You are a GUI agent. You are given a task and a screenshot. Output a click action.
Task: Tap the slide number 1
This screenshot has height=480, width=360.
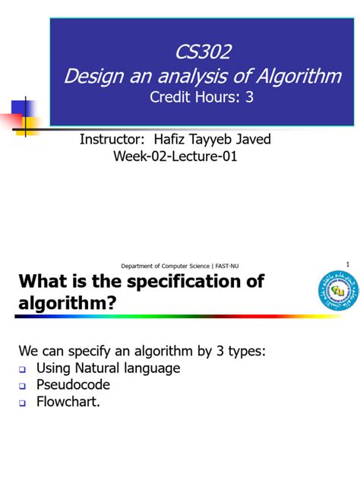click(347, 264)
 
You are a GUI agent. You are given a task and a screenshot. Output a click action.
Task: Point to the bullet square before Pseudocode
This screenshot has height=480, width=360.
click(23, 386)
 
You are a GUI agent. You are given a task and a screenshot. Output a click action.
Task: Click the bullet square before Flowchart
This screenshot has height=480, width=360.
click(23, 403)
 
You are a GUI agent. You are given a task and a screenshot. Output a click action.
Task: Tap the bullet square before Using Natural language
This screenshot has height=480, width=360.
click(23, 369)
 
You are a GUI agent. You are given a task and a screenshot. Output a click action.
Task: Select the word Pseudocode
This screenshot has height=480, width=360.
click(73, 385)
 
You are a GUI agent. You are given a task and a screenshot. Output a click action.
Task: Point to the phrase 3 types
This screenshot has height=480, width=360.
click(231, 351)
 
